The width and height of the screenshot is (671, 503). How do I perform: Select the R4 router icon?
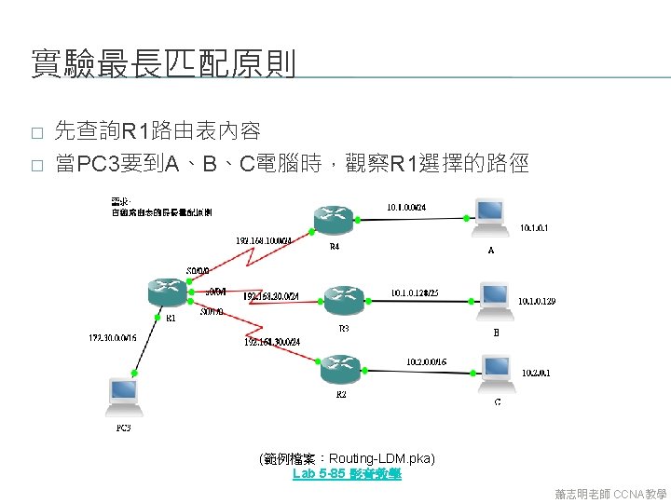click(335, 221)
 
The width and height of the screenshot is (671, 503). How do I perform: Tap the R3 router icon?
click(341, 299)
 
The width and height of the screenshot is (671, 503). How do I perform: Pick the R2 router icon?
click(339, 369)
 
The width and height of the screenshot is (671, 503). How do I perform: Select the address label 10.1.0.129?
click(538, 301)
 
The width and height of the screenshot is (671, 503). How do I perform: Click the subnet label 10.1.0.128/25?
click(415, 292)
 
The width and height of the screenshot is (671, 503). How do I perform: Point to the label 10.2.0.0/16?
click(426, 361)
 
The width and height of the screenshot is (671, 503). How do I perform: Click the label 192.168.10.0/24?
click(264, 241)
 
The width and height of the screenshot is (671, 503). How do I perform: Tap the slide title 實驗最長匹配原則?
click(163, 64)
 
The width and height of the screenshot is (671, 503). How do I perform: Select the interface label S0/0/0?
click(199, 271)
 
